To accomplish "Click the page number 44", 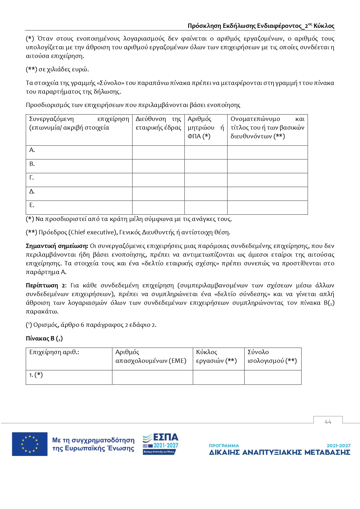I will [x=328, y=422].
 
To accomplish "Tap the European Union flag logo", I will [x=30, y=444].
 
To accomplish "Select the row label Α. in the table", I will [x=32, y=150].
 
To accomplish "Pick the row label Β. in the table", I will [x=32, y=164].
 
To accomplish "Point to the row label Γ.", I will [x=32, y=177].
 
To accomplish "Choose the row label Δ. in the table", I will [x=32, y=191].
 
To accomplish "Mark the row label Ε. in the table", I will [x=32, y=205].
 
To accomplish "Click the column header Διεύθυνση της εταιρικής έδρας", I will [x=158, y=123].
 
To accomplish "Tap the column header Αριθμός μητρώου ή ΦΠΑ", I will [x=206, y=128].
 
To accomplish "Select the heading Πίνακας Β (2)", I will [x=44, y=338].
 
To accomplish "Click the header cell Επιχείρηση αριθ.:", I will [x=54, y=352].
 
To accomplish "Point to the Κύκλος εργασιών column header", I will [x=216, y=356].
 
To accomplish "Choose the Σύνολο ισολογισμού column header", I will [x=272, y=356].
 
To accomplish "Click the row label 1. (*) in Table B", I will [x=36, y=375].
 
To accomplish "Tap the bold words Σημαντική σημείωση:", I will [x=57, y=246].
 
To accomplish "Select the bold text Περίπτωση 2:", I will [x=46, y=285].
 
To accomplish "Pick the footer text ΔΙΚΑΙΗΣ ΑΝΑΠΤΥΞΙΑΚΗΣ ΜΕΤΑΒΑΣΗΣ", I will [x=279, y=452].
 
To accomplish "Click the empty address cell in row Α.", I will [x=158, y=152].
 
